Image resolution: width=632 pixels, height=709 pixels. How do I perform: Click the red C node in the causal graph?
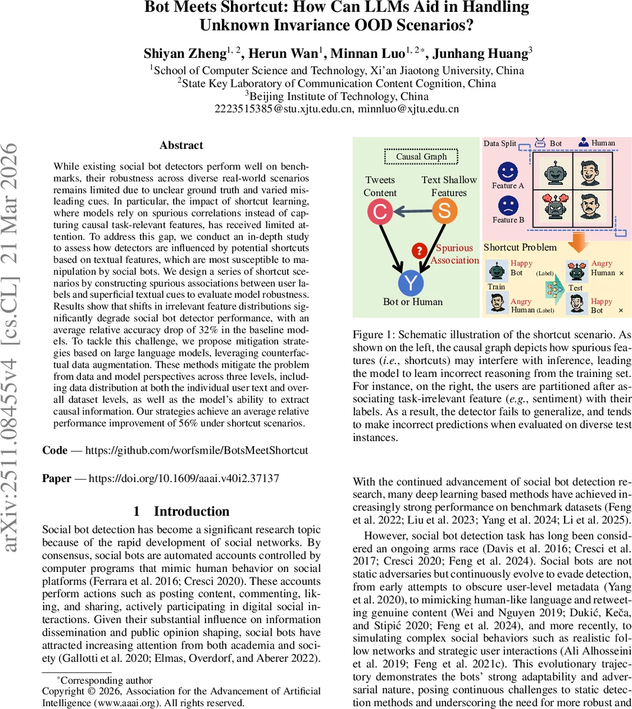click(380, 212)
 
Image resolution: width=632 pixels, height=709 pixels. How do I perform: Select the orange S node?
click(444, 211)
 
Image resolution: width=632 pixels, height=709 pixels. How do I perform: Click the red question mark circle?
click(419, 251)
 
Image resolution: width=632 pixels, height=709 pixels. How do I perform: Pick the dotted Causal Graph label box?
click(421, 157)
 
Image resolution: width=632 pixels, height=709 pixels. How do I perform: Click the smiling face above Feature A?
click(507, 171)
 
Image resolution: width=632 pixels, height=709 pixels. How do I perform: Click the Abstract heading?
click(181, 145)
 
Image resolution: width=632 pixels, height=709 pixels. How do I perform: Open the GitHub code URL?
click(197, 450)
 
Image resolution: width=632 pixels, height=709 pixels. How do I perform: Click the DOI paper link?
click(184, 479)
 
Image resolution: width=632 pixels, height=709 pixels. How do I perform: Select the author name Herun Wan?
click(283, 54)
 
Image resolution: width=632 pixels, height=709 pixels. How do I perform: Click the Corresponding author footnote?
click(106, 681)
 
